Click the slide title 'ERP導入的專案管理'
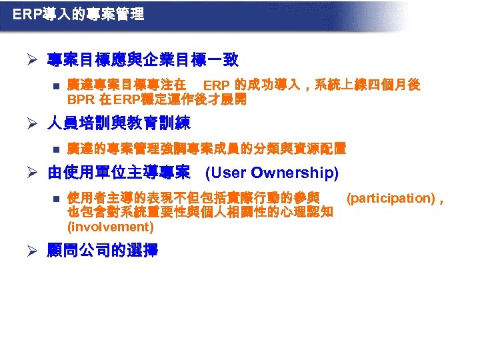[x=79, y=14]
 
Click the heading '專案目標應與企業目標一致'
[x=143, y=61]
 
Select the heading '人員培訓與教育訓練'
[x=119, y=123]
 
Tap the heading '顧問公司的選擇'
[x=103, y=252]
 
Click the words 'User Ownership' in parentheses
[x=272, y=173]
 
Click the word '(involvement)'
[x=111, y=227]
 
